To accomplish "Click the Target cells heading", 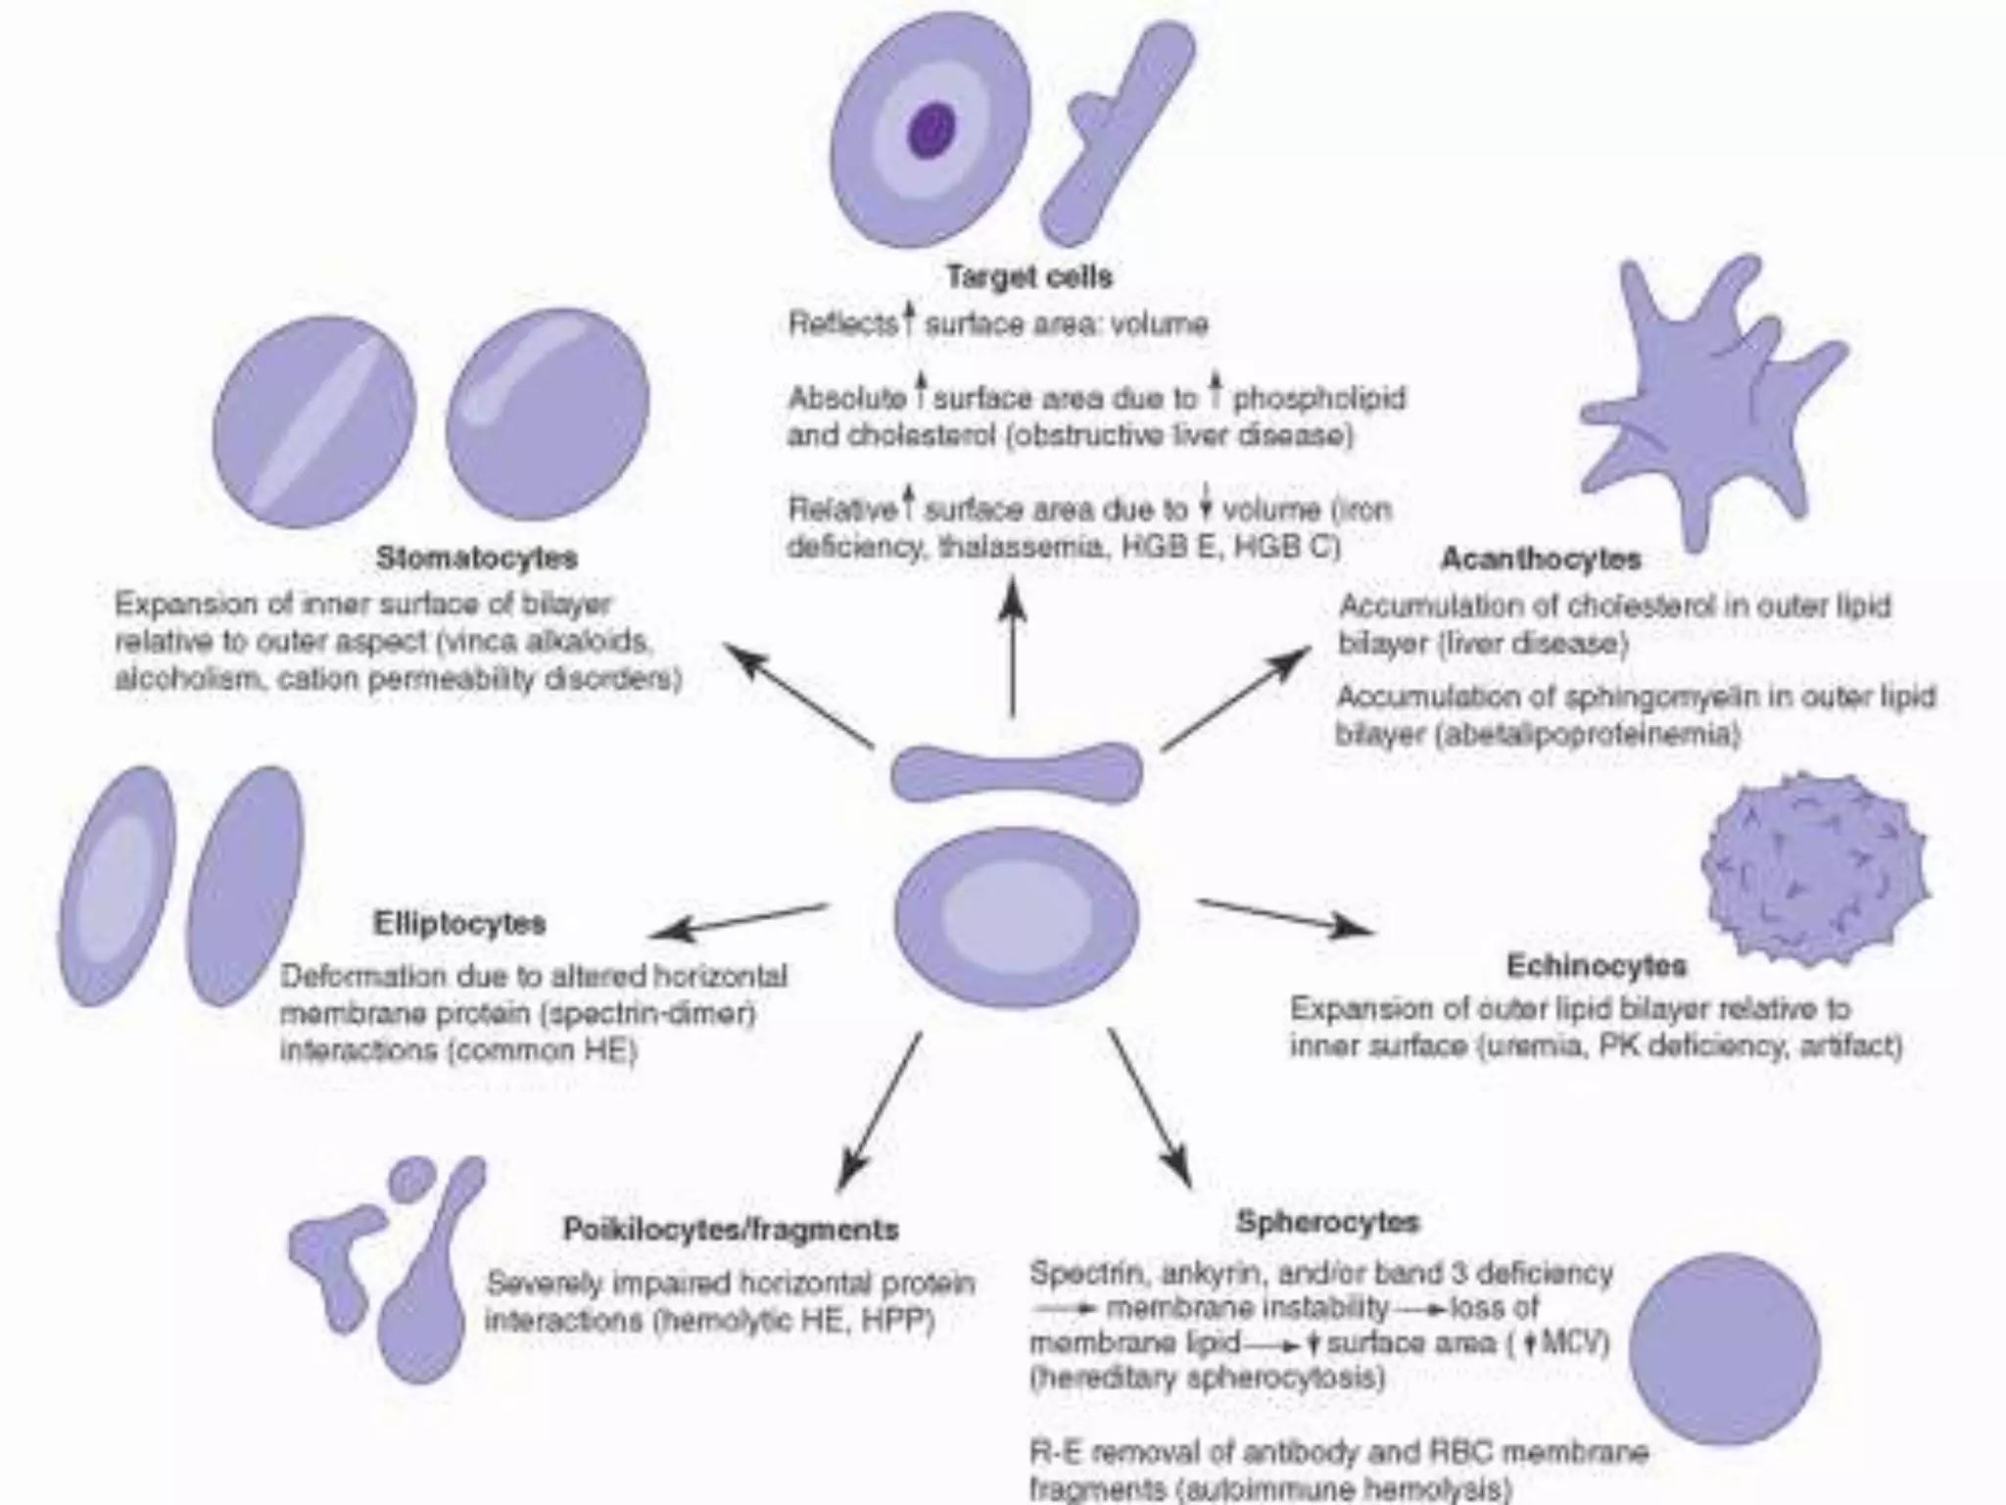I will pos(1028,276).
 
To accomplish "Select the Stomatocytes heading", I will pos(477,558).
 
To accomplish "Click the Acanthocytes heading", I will pos(1541,558).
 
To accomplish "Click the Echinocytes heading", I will pos(1596,966).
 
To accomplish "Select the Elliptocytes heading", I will pos(459,923).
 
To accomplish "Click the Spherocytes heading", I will pos(1327,1222).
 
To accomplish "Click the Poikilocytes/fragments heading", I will pos(731,1229).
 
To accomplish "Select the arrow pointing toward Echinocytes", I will pos(1283,917).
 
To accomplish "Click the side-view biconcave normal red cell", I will pos(1016,771).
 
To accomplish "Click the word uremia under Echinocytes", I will pos(1529,1046).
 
